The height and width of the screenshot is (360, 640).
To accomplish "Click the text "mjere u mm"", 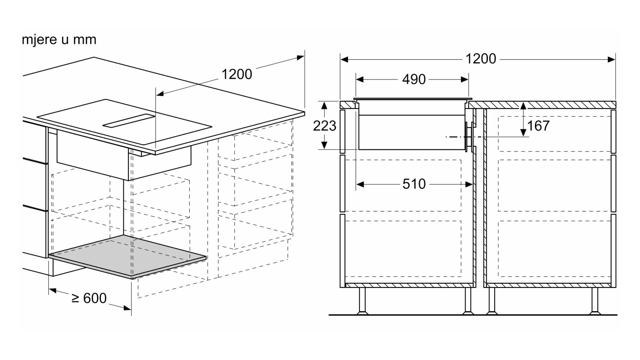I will (59, 40).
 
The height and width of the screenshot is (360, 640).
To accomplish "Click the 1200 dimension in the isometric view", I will (236, 74).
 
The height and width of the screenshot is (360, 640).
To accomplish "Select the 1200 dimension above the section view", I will (480, 59).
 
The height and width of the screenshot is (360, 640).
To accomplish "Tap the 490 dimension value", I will (414, 80).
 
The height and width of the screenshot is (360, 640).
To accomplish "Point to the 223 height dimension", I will (324, 126).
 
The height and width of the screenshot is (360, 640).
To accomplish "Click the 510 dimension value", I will (414, 184).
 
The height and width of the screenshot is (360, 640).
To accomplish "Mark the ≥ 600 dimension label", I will (89, 298).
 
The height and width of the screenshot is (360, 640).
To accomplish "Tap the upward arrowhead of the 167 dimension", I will (523, 106).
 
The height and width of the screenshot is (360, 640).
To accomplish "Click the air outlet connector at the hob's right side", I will (470, 137).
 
